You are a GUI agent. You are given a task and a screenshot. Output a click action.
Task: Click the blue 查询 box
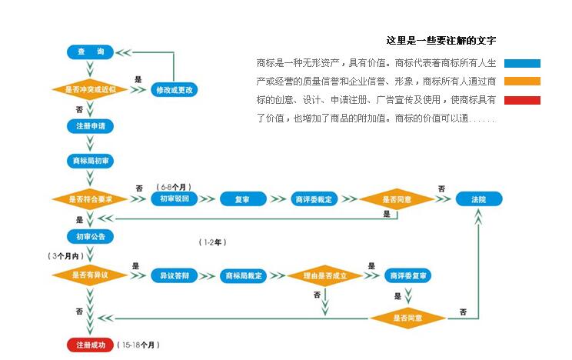pos(91,52)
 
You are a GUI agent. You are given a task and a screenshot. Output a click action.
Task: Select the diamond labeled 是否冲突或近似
pos(91,90)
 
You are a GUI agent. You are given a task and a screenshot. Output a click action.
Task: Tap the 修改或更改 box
pos(175,90)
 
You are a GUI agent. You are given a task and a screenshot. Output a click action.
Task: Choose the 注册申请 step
pos(91,125)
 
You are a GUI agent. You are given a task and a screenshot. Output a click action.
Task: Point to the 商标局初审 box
pos(91,161)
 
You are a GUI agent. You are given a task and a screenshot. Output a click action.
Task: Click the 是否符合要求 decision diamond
pos(91,199)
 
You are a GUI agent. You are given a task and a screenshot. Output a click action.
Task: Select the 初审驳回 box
pos(175,199)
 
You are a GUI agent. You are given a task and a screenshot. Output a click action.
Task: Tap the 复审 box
pos(241,200)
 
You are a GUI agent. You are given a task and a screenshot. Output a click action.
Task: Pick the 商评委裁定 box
pos(314,200)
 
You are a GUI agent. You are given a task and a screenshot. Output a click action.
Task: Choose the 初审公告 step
pos(91,236)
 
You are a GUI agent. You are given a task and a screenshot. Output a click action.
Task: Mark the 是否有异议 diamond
pos(91,275)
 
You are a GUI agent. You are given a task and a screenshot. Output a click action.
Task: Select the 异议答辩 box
pos(175,275)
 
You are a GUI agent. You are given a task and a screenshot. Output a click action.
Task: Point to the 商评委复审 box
pos(408,275)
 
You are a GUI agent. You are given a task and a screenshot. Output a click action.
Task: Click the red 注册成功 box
pos(91,345)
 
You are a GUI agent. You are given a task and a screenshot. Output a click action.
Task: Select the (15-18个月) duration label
pos(140,345)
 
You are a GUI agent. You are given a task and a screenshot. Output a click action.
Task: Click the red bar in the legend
pos(523,100)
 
